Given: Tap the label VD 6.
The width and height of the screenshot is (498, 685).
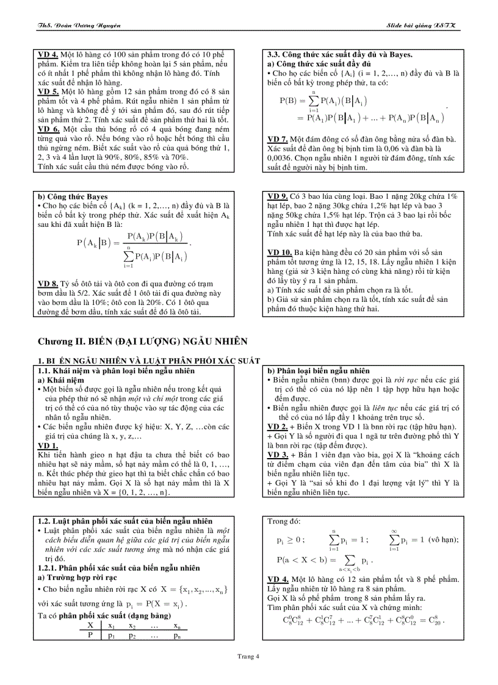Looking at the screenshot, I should [x=48, y=129].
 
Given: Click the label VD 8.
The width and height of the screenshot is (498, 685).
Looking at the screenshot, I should [x=48, y=284].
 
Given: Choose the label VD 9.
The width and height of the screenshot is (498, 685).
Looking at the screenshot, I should [x=278, y=196].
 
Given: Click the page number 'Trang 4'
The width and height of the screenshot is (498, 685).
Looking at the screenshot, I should [x=248, y=656].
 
